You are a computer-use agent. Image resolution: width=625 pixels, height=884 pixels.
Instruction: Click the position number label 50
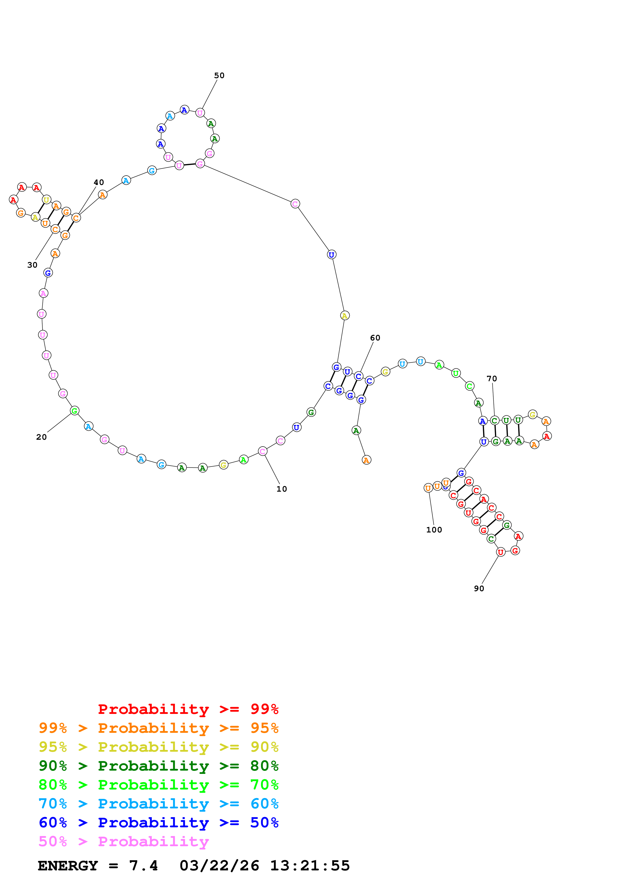[x=219, y=75]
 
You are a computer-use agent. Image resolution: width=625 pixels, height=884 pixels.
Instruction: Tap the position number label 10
[x=282, y=489]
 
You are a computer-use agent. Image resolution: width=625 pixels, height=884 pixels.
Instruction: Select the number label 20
[x=41, y=437]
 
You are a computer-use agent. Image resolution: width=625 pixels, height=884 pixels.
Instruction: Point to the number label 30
[x=32, y=265]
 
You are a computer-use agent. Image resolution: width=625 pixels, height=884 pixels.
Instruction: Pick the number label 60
[x=375, y=338]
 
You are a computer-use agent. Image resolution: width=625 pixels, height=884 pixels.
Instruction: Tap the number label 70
[x=492, y=378]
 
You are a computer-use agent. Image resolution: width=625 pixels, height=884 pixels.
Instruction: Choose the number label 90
[x=479, y=588]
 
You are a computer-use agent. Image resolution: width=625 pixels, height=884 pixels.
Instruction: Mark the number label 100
[x=434, y=530]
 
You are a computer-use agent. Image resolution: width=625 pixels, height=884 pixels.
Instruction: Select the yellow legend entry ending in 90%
[x=158, y=747]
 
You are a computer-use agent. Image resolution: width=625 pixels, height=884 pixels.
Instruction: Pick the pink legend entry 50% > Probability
[x=124, y=841]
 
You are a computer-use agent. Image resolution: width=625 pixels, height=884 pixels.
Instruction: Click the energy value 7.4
[x=143, y=866]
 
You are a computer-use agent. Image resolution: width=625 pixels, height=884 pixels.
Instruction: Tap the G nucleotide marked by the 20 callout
[x=75, y=411]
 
